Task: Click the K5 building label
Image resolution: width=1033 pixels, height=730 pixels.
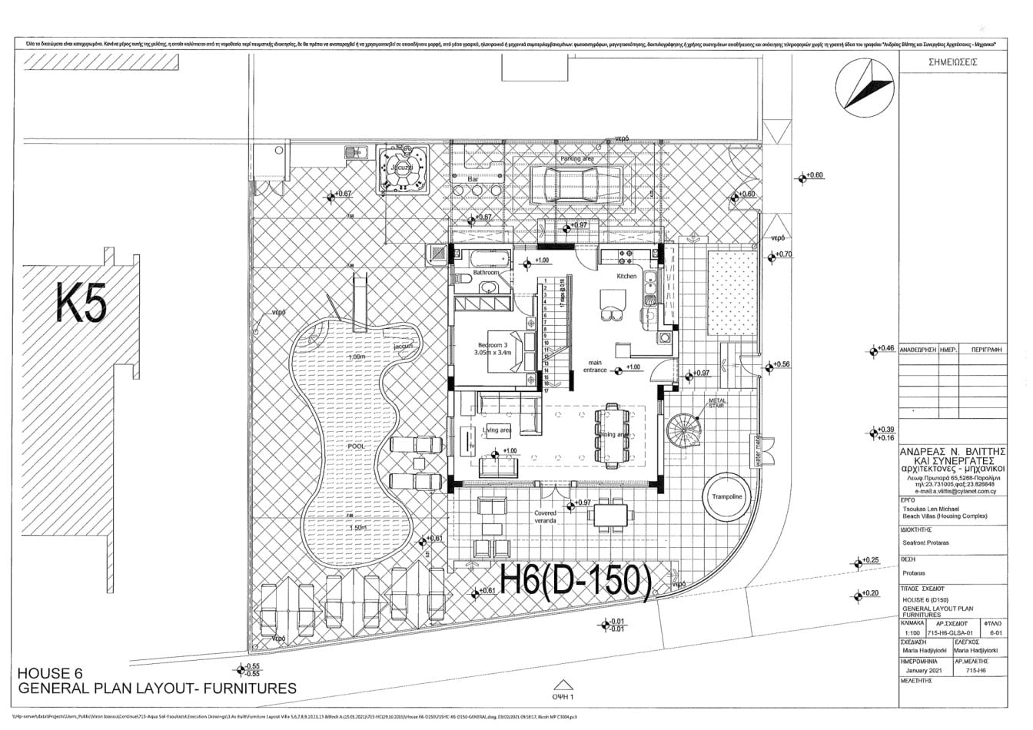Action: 81,302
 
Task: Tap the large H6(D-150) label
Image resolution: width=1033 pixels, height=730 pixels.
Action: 576,582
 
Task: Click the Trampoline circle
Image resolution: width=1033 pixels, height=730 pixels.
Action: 726,497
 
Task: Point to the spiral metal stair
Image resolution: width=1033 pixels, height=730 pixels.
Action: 685,430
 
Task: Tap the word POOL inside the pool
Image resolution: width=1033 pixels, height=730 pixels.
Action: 355,446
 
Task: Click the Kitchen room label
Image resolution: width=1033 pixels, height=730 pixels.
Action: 626,276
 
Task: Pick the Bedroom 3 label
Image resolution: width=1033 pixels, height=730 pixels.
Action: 493,344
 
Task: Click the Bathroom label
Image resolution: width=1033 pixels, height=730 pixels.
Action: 486,273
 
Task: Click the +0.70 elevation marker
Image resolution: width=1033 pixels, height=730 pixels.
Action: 781,254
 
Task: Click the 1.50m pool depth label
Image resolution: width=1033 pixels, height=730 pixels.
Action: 355,529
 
